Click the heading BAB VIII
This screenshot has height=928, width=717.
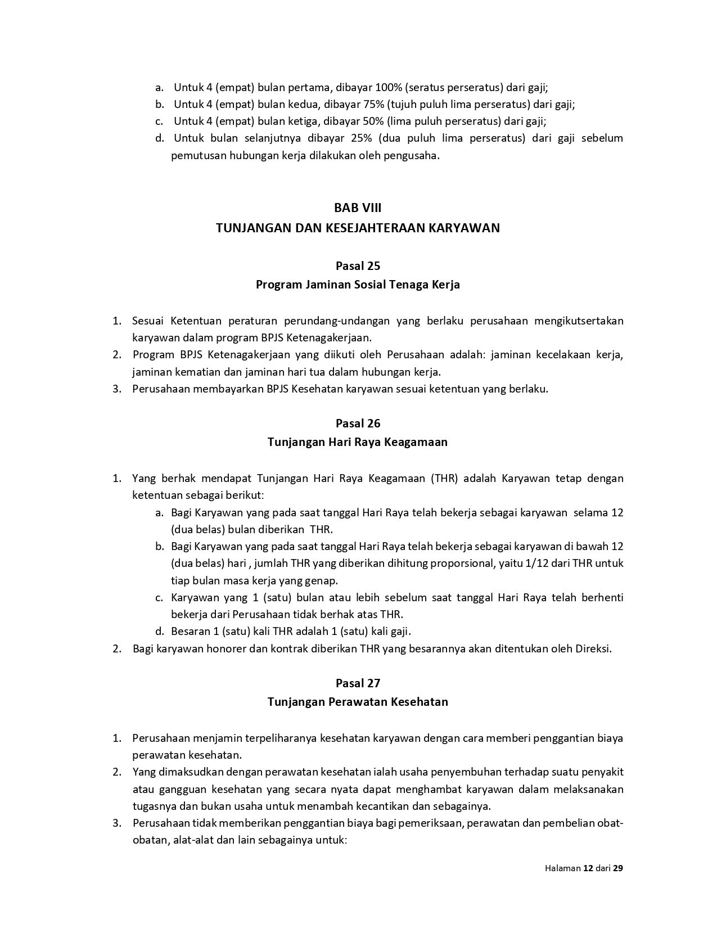[x=358, y=208]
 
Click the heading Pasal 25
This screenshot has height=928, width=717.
[x=358, y=265]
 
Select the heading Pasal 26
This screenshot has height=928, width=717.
[x=358, y=423]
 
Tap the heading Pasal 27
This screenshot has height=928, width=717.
[x=358, y=683]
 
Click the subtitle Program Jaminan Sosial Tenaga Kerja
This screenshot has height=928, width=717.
[x=358, y=285]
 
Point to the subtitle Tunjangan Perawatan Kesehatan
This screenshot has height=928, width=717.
[x=358, y=702]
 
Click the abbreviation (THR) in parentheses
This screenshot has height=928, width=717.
[x=445, y=478]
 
